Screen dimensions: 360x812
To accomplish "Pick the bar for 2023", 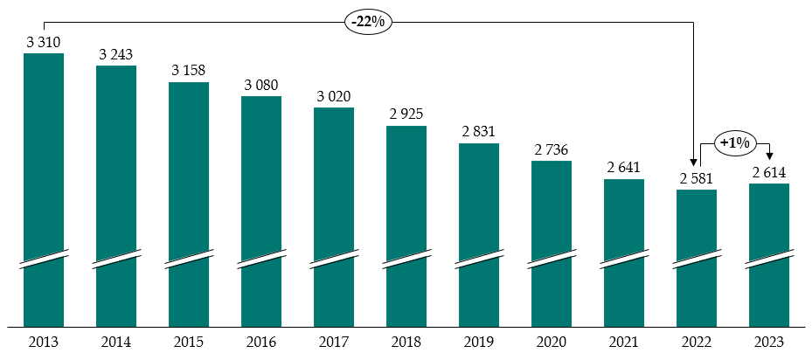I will point(769,253).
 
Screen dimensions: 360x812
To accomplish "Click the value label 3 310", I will point(43,42).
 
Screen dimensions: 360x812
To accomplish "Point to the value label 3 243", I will point(115,54).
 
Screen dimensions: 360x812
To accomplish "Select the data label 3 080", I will point(260,85).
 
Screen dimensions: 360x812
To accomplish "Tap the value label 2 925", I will point(406,114).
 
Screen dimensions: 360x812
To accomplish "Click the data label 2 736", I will point(552,149).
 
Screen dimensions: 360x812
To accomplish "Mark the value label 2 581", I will point(697,178).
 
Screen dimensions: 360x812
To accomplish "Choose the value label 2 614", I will point(770,172).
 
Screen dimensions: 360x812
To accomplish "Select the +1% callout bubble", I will point(734,142).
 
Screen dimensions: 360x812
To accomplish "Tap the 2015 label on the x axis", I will point(188,342).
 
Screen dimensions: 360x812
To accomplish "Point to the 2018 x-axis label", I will point(406,342).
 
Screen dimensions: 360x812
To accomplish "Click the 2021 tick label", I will point(624,342).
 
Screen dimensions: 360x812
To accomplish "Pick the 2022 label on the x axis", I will point(697,342).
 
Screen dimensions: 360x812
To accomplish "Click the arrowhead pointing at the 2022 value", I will point(694,163).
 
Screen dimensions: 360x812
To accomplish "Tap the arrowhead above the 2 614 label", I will point(769,156).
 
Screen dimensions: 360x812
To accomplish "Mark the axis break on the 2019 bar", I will point(479,260).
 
